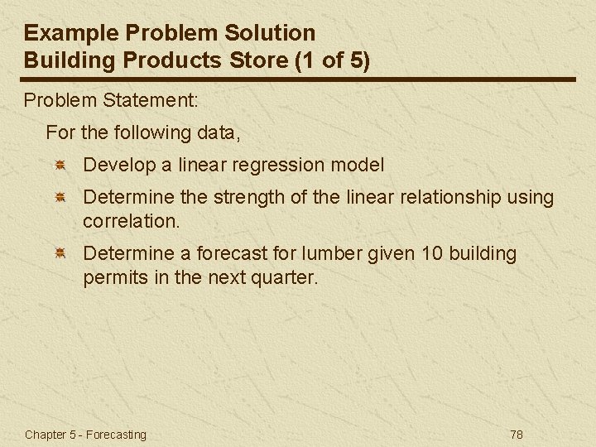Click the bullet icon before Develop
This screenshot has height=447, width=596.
click(60, 166)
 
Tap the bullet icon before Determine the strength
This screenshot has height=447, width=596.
click(60, 199)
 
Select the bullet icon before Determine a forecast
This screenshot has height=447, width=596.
click(60, 254)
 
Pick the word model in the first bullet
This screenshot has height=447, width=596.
click(358, 165)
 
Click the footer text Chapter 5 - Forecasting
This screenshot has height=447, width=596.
click(85, 435)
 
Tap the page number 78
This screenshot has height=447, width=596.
click(517, 435)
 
